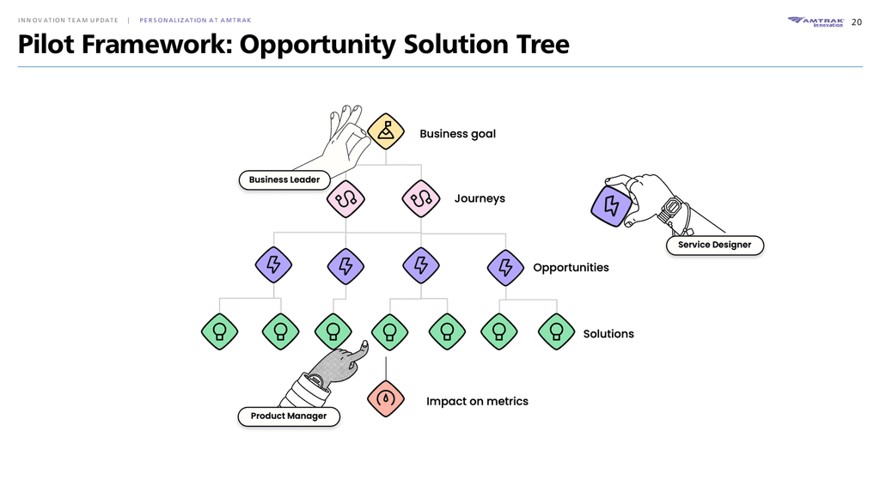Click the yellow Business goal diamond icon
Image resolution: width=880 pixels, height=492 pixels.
386,131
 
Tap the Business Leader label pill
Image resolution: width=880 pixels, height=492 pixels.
284,180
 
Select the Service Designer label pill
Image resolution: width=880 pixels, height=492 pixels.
714,246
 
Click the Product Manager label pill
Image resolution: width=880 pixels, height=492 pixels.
289,416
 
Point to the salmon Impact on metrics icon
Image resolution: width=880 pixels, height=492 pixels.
386,399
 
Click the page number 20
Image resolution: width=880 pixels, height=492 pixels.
857,22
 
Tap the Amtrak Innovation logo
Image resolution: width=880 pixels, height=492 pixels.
816,21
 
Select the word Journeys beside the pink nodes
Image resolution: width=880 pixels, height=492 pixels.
480,198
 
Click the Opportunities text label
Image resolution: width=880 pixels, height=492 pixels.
571,268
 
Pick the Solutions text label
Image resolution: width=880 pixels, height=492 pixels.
608,334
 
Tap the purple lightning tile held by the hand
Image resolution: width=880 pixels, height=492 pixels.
612,206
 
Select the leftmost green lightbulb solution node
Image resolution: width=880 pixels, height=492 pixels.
219,331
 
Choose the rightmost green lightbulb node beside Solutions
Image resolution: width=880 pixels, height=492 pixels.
556,331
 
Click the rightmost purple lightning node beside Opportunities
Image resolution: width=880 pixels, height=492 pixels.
505,268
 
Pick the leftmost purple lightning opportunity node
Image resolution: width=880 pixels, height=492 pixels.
273,264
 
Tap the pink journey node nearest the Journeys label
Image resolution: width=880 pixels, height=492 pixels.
421,198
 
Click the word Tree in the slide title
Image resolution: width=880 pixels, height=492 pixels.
543,45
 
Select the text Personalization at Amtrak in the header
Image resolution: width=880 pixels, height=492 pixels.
195,21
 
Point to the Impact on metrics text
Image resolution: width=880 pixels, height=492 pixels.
477,401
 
